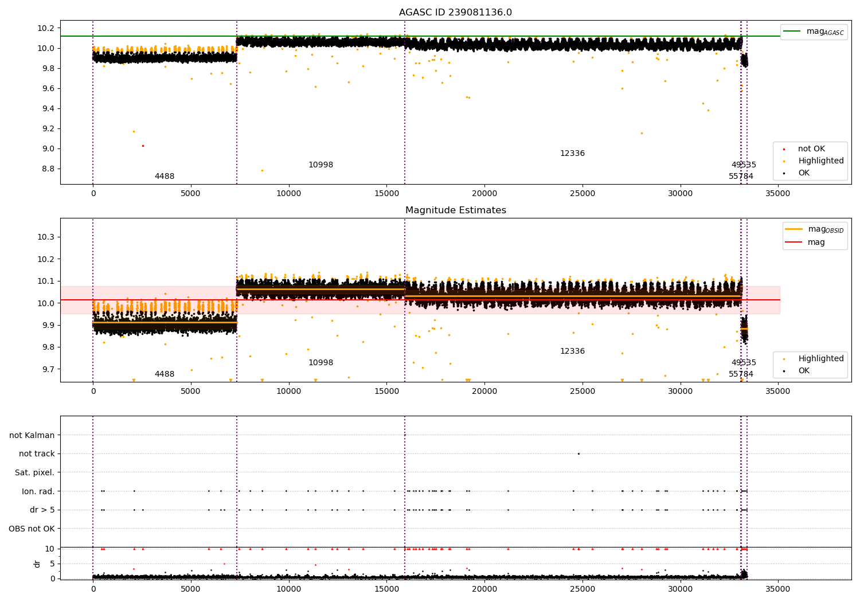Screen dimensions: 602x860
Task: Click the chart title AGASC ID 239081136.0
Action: tap(455, 13)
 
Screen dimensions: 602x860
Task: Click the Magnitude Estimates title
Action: tap(455, 210)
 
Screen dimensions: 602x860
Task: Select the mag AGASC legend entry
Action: tap(814, 32)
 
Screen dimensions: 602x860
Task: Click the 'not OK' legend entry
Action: tap(811, 149)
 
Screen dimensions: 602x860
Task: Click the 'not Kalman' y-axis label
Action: tap(32, 435)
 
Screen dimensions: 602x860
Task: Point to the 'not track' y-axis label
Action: tap(37, 454)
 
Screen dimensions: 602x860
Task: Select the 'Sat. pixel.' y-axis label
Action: tap(34, 472)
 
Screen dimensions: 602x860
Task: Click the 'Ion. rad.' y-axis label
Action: tap(38, 491)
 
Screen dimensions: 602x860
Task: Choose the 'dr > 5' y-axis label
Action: tap(42, 510)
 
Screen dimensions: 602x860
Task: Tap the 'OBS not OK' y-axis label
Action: tap(32, 529)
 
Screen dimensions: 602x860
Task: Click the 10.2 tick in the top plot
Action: tap(45, 28)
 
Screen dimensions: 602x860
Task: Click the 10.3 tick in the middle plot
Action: tap(45, 237)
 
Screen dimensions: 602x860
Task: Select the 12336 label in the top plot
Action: tap(572, 154)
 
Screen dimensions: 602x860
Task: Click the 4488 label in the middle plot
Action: tap(165, 374)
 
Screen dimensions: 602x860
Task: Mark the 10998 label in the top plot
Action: tap(320, 165)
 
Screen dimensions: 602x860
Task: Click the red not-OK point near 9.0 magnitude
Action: tap(143, 146)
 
